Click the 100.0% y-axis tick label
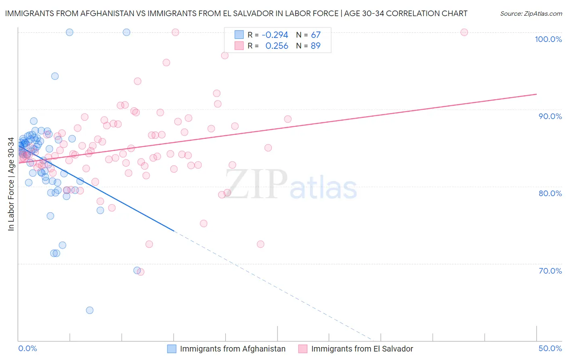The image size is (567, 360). click(548, 39)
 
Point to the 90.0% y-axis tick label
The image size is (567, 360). click(550, 116)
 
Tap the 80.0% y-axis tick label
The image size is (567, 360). click(550, 193)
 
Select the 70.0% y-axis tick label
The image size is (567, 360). click(550, 271)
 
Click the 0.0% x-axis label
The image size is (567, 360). click(27, 348)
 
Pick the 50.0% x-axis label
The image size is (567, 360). click(550, 348)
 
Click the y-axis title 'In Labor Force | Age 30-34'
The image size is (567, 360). click(11, 184)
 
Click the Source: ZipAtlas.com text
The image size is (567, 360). click(531, 13)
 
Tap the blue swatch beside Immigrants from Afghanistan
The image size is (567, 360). click(172, 349)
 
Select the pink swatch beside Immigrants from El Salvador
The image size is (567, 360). click(303, 349)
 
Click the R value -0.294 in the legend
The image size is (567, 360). click(275, 35)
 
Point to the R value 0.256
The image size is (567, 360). click(277, 46)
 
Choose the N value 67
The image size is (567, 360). click(315, 35)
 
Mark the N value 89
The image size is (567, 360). click(315, 46)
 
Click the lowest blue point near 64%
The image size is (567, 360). click(90, 310)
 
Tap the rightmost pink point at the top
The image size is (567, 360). click(464, 32)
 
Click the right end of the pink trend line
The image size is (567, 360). click(536, 94)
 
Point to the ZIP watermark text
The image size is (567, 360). click(256, 184)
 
